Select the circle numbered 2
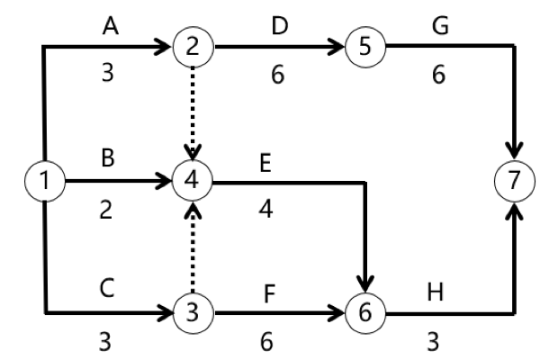(191, 46)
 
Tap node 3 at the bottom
(191, 313)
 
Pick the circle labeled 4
(191, 181)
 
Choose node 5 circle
(360, 46)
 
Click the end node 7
(513, 181)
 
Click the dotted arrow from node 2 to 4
(191, 112)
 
